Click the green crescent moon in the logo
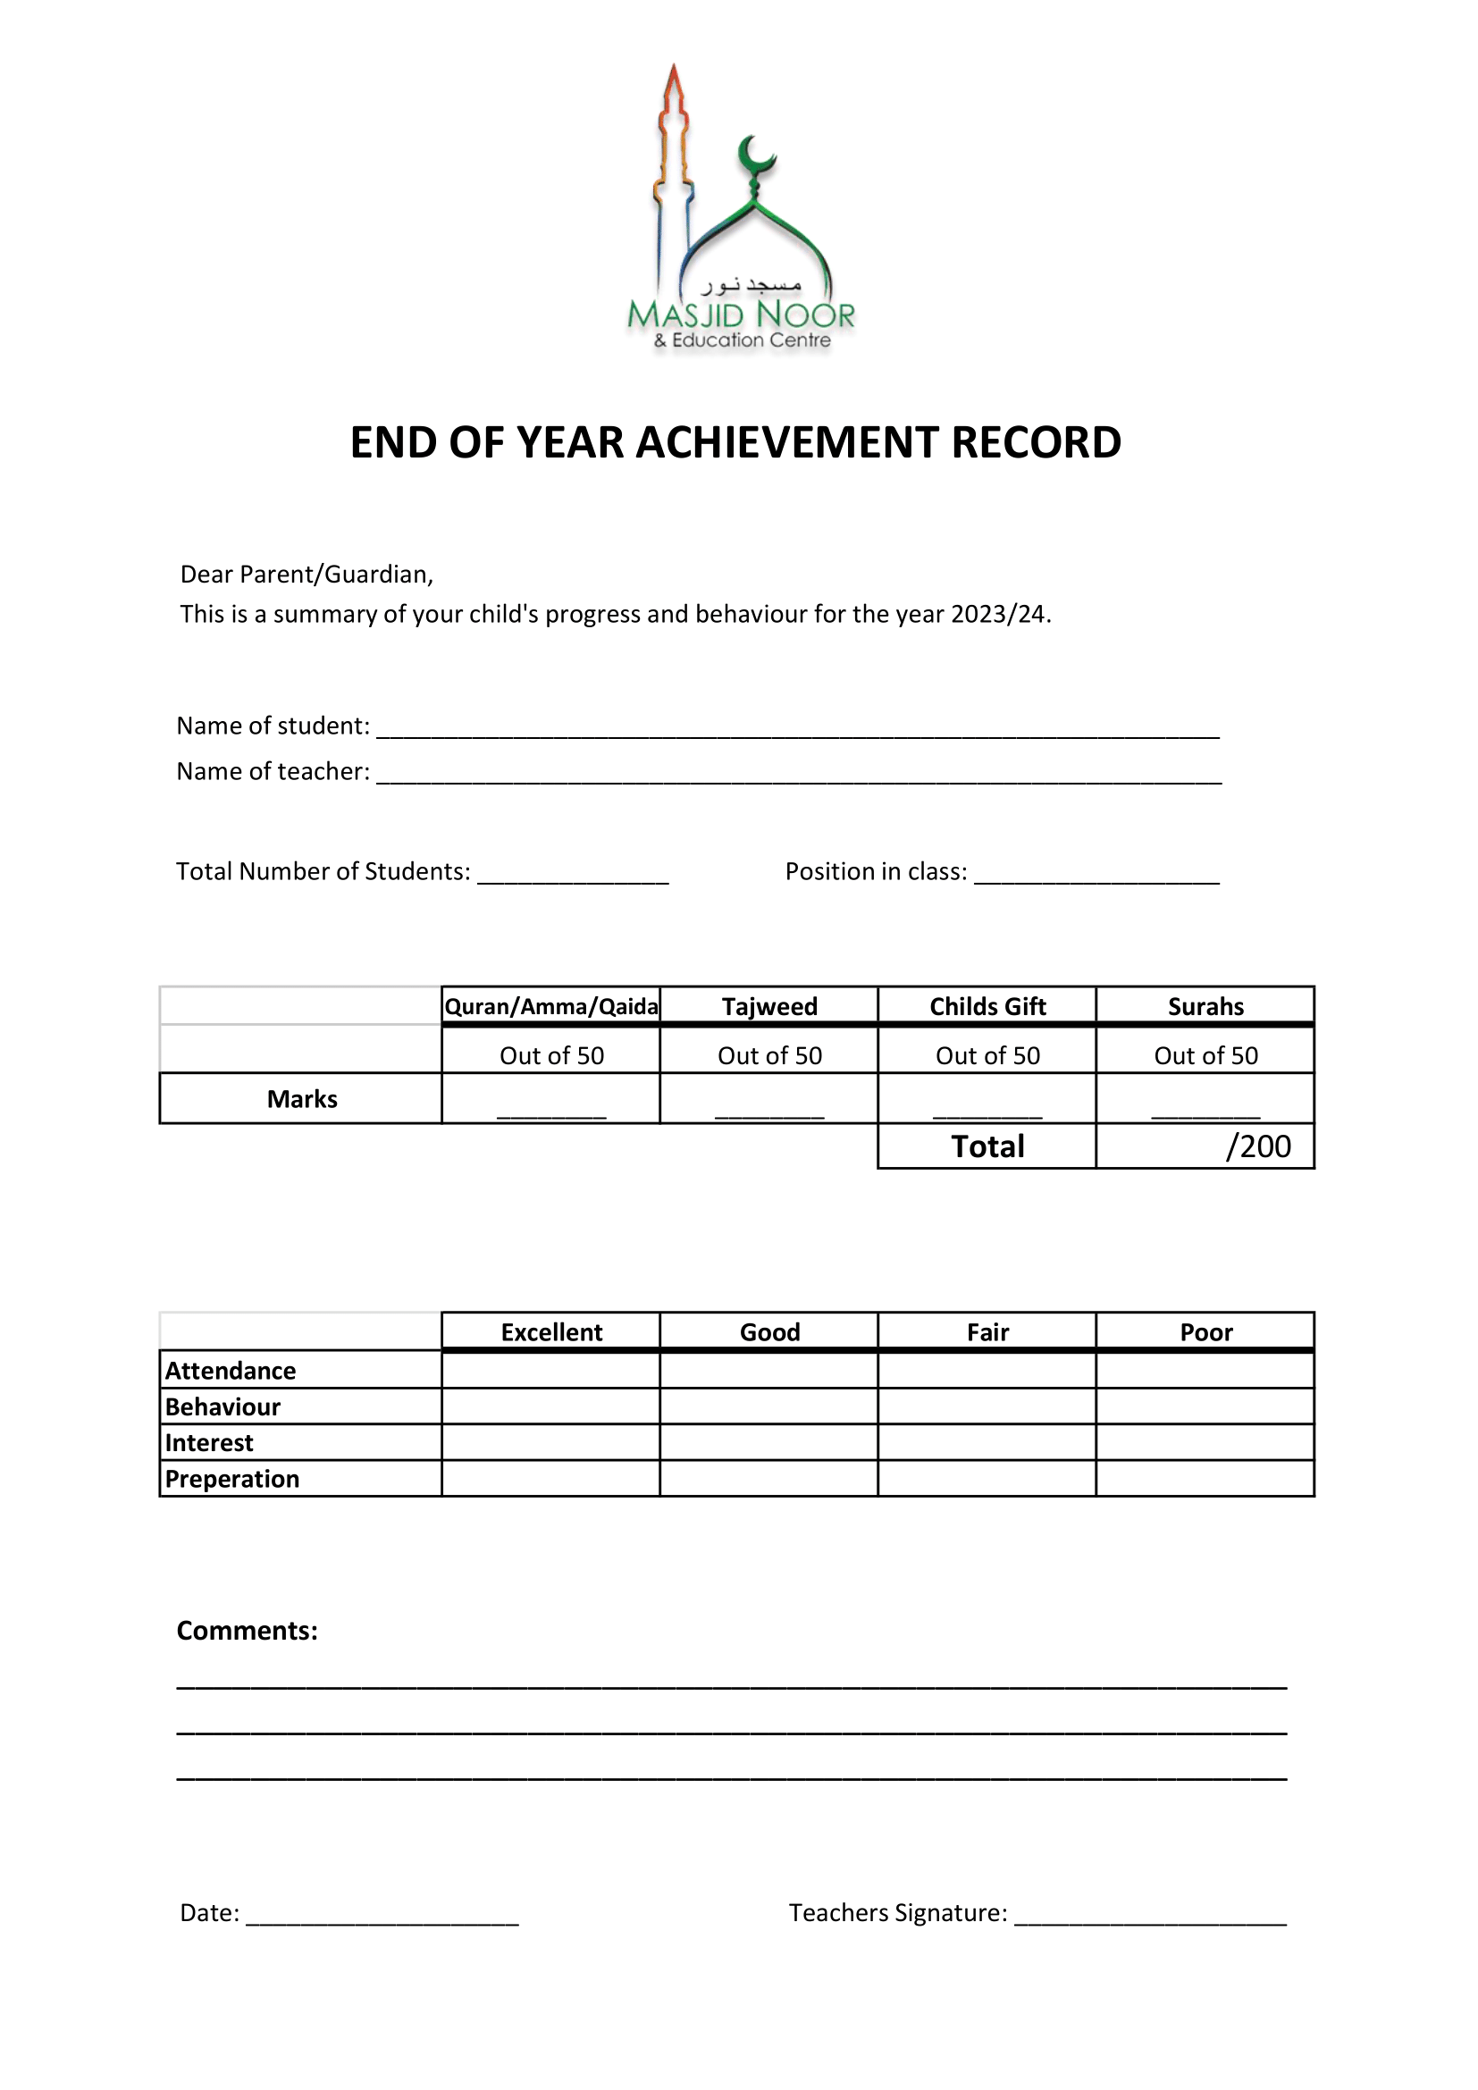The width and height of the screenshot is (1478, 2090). pos(754,155)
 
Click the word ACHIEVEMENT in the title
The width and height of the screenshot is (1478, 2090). pos(786,443)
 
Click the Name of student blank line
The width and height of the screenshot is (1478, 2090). pos(797,728)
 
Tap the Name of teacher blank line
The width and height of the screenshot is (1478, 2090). pos(798,774)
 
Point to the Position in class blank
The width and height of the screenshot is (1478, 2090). pos(1096,874)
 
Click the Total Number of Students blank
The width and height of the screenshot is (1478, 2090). pos(574,874)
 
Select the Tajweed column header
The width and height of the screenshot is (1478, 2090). pos(769,1007)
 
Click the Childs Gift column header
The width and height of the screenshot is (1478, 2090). pos(987,1007)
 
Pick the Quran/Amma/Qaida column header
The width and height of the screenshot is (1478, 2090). pos(550,1007)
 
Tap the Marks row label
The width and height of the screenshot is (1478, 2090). pos(301,1100)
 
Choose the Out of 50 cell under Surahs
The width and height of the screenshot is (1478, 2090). pos(1205,1056)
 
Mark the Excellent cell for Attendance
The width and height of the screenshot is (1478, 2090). pos(550,1371)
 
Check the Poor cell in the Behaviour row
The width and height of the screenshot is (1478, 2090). pos(1205,1406)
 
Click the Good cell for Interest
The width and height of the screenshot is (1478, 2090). pos(769,1443)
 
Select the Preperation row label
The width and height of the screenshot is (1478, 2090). pos(232,1479)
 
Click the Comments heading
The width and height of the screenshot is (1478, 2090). pos(247,1631)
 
